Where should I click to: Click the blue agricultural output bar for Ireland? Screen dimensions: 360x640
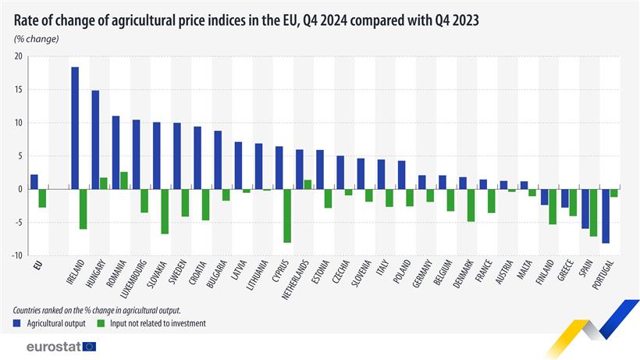tap(75, 128)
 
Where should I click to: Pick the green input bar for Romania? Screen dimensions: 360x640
tap(124, 180)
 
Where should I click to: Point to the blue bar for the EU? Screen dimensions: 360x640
tap(34, 182)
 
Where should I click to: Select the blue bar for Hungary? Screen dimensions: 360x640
tap(95, 140)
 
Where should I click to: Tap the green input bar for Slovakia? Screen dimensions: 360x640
tap(165, 211)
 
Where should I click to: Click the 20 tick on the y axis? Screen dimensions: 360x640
tap(17, 56)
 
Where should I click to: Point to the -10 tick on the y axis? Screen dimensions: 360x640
tap(16, 255)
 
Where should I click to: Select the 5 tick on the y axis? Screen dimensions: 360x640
tap(20, 156)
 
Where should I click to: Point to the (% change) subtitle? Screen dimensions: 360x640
tap(36, 39)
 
